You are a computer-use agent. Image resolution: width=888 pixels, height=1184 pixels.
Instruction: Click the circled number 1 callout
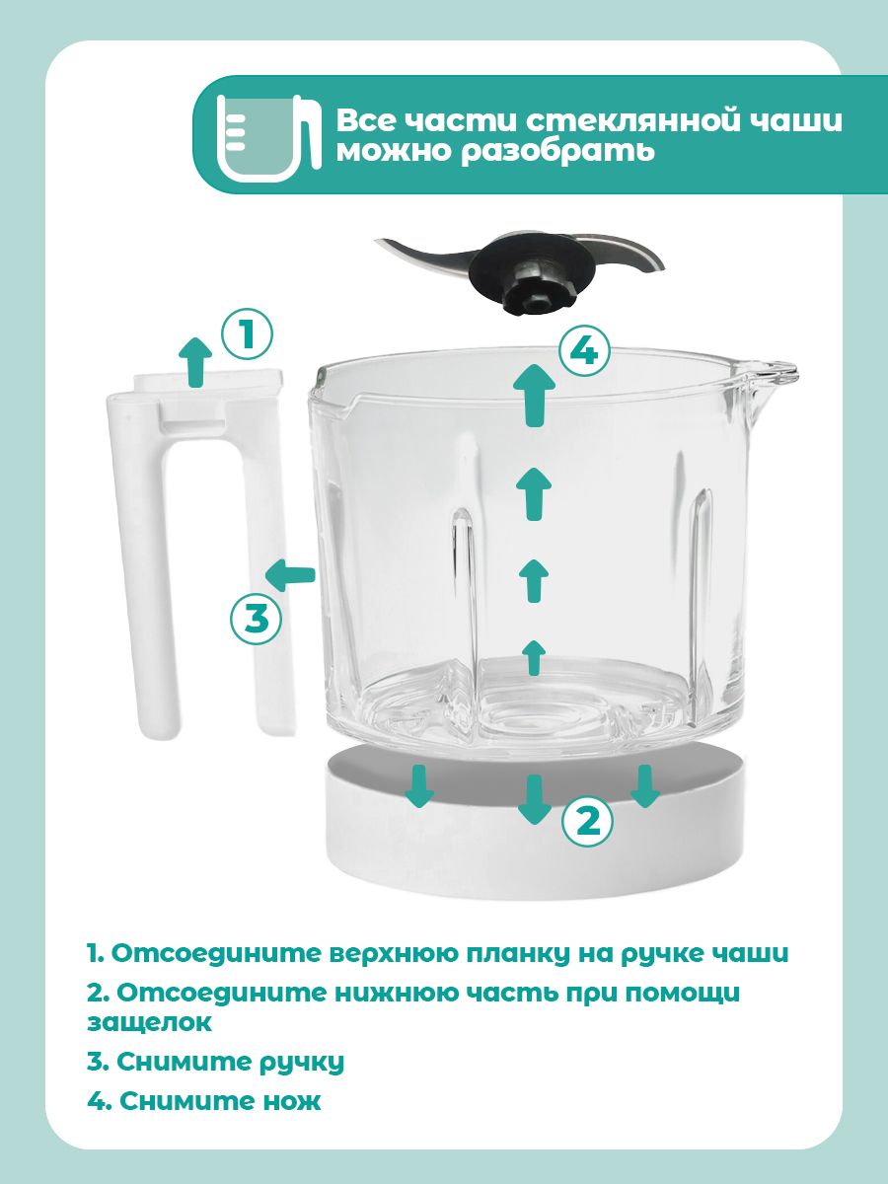247,334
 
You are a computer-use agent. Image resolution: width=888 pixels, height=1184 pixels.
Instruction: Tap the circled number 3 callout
256,619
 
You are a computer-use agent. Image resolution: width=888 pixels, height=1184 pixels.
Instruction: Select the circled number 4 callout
584,351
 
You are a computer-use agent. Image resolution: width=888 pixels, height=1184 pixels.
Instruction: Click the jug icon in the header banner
263,135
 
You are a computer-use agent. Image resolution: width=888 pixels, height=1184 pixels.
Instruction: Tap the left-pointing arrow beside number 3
290,573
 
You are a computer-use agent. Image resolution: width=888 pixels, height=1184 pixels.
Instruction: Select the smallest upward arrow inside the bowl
534,656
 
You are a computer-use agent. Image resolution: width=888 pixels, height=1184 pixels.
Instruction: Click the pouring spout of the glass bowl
771,373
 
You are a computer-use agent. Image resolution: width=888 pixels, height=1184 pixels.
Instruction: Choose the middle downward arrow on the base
534,797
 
